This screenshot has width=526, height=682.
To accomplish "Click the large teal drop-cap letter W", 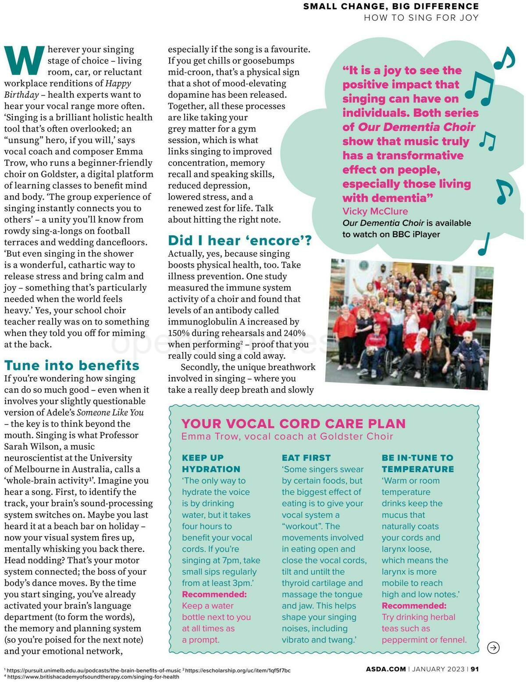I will click(25, 60).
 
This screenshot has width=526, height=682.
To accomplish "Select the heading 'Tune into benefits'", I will click(71, 365).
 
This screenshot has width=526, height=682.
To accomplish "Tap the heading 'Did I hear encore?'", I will click(239, 240).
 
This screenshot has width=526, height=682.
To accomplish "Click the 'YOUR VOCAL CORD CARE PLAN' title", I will click(293, 423).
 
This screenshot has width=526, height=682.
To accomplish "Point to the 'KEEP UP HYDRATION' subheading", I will click(211, 463).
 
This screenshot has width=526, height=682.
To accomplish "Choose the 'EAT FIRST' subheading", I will click(306, 458).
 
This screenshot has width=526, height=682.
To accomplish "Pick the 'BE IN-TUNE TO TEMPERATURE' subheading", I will click(417, 463).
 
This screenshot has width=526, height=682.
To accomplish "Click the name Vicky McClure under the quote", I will click(375, 211).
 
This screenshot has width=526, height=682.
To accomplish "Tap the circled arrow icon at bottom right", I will click(493, 647).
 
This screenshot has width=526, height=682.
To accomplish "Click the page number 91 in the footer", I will click(475, 669).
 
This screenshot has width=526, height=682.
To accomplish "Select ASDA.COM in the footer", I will click(386, 669).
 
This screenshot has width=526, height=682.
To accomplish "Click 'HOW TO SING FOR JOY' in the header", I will click(421, 18).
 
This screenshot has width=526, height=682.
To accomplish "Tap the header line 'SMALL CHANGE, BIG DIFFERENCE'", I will click(391, 6).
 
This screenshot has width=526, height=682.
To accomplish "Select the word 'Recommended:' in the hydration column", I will click(214, 594).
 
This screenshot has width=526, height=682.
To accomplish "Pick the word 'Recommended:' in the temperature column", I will click(414, 605).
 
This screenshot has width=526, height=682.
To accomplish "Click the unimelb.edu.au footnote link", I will click(94, 670).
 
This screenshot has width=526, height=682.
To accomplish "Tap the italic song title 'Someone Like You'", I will click(110, 412).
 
